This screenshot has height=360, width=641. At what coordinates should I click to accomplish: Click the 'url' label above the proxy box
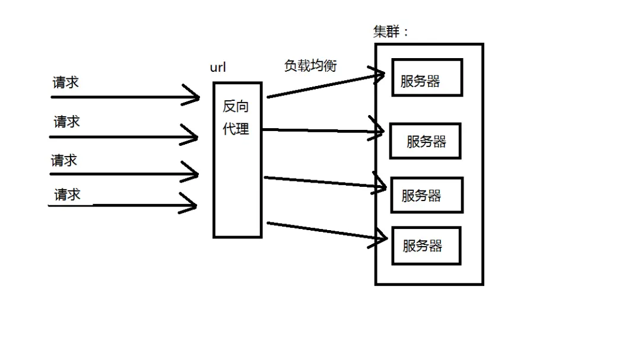[218, 67]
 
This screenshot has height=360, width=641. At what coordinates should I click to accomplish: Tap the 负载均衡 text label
[310, 66]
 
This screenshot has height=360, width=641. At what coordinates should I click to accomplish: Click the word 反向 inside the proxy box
[236, 107]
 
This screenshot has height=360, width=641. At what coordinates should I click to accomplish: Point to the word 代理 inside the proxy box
[236, 129]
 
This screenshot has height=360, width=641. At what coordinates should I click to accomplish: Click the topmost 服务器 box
[427, 77]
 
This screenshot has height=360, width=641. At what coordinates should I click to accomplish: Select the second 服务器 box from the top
[425, 141]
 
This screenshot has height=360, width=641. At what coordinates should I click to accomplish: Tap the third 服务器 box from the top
[426, 195]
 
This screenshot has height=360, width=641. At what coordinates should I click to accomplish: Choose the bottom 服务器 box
[426, 246]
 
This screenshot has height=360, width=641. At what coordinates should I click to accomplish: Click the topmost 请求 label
[65, 82]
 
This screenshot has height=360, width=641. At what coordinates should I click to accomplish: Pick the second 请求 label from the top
[66, 122]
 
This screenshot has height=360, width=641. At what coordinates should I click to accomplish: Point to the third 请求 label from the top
[64, 161]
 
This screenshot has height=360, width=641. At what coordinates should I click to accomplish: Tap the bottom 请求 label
[67, 195]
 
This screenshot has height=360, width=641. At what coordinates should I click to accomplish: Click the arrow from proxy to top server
[323, 85]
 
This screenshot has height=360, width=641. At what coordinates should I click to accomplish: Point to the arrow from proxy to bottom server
[323, 231]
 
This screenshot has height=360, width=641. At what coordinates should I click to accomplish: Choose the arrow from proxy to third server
[323, 181]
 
